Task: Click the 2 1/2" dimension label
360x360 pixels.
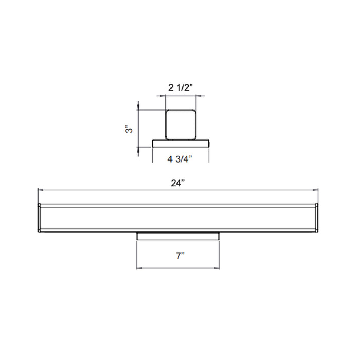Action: pyautogui.click(x=179, y=87)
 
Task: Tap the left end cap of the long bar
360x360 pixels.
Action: pyautogui.click(x=40, y=218)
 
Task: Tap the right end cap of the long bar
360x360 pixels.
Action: pyautogui.click(x=317, y=218)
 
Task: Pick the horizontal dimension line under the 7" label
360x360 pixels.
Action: pyautogui.click(x=178, y=268)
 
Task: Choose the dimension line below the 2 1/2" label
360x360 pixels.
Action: pyautogui.click(x=181, y=96)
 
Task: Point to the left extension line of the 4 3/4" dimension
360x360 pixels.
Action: pyautogui.click(x=152, y=154)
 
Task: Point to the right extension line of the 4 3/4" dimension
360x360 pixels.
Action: pyautogui.click(x=208, y=154)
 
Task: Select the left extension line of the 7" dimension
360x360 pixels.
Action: pyautogui.click(x=136, y=255)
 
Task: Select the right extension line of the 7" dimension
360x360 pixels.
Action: pyautogui.click(x=221, y=255)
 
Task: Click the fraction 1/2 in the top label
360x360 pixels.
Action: pyautogui.click(x=185, y=87)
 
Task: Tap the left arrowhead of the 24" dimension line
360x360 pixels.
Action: pyautogui.click(x=41, y=190)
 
